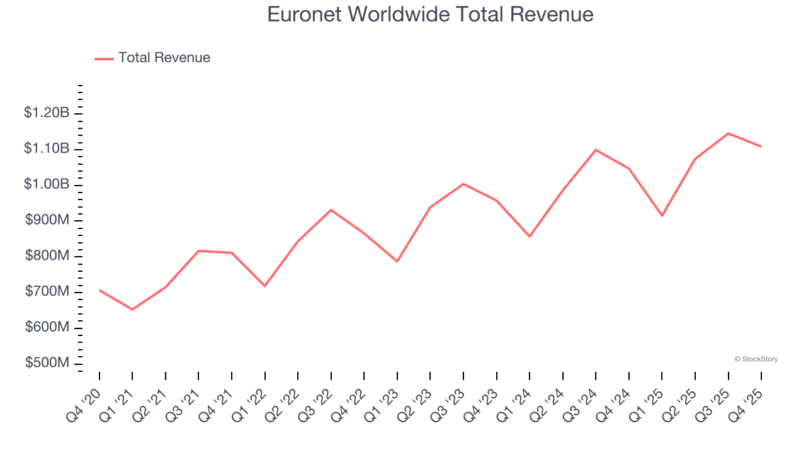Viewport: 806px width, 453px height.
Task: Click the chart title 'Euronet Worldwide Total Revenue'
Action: pos(430,14)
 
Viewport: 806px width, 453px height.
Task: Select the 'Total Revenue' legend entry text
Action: pos(164,58)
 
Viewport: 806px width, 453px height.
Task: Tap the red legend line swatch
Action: pos(104,59)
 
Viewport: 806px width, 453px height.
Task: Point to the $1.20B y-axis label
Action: pos(47,113)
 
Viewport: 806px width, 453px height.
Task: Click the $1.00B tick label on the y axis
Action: pos(47,185)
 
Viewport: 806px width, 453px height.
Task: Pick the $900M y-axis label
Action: pos(48,221)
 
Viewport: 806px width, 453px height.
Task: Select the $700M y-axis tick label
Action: pos(48,292)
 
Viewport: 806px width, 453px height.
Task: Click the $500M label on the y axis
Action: pos(48,364)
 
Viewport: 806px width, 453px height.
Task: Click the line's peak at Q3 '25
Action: pos(728,133)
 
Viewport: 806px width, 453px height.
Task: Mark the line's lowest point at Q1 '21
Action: pos(132,310)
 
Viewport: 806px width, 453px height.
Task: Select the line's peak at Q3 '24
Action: pos(596,150)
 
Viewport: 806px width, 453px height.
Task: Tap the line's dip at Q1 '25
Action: pos(662,216)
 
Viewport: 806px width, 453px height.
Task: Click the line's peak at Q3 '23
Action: pos(463,184)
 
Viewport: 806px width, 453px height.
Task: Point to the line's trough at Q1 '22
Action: pos(264,286)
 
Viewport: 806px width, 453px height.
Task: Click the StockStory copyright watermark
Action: pos(756,359)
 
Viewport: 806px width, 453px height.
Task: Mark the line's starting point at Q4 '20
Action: pos(99,290)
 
